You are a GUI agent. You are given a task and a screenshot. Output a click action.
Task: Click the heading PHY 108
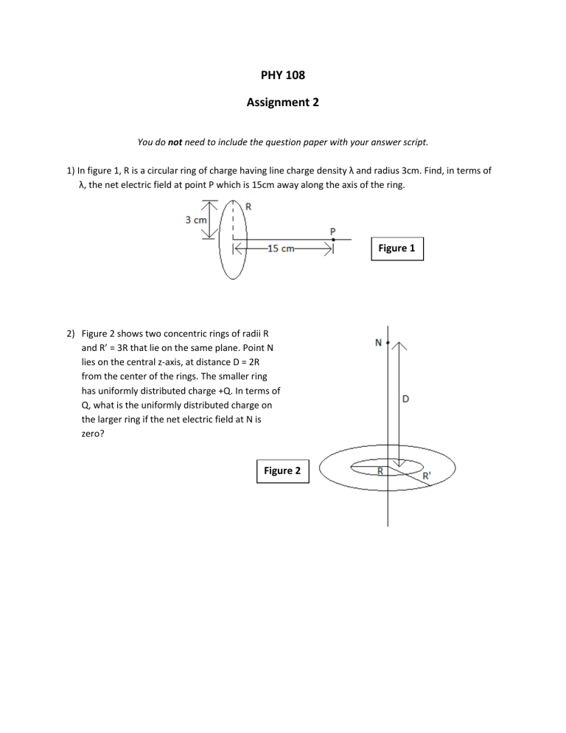click(x=282, y=74)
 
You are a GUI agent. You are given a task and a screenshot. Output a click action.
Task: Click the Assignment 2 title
click(x=282, y=103)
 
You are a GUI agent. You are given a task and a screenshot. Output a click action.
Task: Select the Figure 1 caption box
click(x=396, y=249)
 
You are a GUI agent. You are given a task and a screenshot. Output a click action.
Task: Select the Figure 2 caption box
click(x=283, y=470)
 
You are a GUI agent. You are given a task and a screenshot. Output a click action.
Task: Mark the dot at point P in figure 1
click(x=333, y=239)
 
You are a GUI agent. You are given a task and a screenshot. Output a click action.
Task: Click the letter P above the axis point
click(x=333, y=230)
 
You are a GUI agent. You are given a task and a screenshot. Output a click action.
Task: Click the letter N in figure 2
click(x=379, y=342)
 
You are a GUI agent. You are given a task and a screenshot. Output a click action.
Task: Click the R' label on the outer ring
click(x=428, y=476)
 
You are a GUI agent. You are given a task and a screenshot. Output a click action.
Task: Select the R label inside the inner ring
click(x=380, y=470)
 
